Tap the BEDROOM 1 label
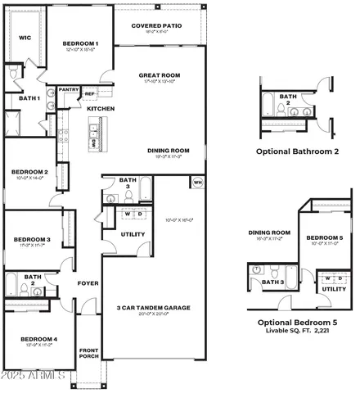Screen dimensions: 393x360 pyautogui.click(x=81, y=43)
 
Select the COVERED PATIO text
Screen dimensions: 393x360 pyautogui.click(x=157, y=25)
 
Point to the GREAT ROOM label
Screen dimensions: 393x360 pyautogui.click(x=160, y=75)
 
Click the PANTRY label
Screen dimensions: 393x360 pyautogui.click(x=69, y=90)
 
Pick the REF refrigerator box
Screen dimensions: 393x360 pyautogui.click(x=90, y=94)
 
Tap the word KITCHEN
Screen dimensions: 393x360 pyautogui.click(x=101, y=109)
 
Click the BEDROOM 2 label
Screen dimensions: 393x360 pyautogui.click(x=29, y=172)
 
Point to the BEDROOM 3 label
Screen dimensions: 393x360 pyautogui.click(x=32, y=240)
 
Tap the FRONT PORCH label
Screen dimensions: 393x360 pyautogui.click(x=88, y=355)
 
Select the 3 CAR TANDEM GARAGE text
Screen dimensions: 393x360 pyautogui.click(x=154, y=307)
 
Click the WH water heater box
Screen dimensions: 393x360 pyautogui.click(x=197, y=182)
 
